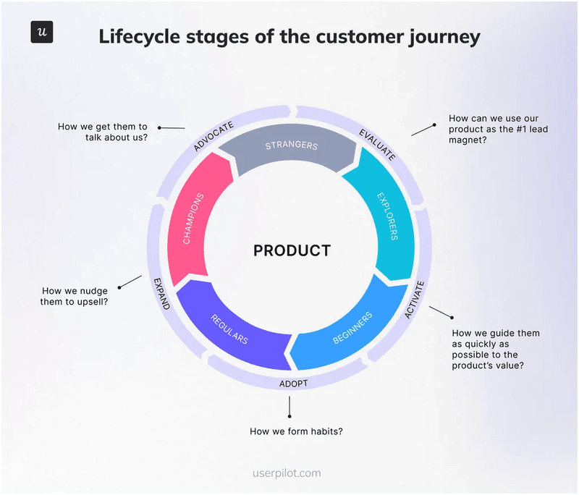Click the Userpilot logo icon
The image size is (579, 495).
pyautogui.click(x=42, y=33)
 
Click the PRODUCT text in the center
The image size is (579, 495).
pyautogui.click(x=292, y=251)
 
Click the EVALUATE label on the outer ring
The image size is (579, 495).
pyautogui.click(x=378, y=143)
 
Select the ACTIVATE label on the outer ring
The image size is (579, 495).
pyautogui.click(x=413, y=300)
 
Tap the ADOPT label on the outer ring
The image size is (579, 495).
pyautogui.click(x=293, y=384)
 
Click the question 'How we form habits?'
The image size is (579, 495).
pyautogui.click(x=296, y=432)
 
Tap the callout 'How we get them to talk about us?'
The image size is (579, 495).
pyautogui.click(x=103, y=131)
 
